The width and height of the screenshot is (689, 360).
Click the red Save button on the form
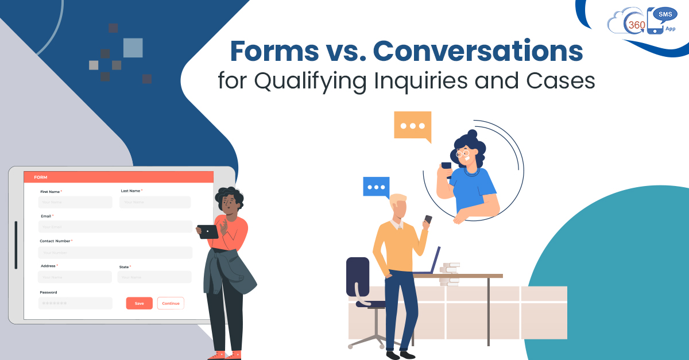pos(139,303)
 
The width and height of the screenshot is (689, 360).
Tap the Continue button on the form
pos(171,303)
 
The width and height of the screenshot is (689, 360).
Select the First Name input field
pos(75,202)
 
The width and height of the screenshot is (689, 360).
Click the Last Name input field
pos(155,202)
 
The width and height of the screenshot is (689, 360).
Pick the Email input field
pos(115,227)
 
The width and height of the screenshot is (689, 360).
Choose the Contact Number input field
pos(115,253)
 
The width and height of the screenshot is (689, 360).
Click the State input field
pos(154,277)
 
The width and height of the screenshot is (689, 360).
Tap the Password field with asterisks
pos(75,303)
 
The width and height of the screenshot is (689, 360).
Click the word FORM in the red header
pos(41,177)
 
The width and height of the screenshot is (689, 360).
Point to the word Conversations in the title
pos(478,52)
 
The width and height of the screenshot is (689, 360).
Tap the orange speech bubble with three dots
pos(412,126)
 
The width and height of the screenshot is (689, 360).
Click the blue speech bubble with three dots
pos(376,187)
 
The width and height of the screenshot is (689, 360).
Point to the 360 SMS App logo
pos(642,21)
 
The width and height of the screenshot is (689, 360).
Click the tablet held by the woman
pos(208,231)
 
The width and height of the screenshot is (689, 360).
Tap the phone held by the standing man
pos(428,219)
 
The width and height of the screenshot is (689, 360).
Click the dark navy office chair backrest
pos(358,276)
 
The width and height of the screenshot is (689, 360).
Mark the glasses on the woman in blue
pos(463,153)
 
